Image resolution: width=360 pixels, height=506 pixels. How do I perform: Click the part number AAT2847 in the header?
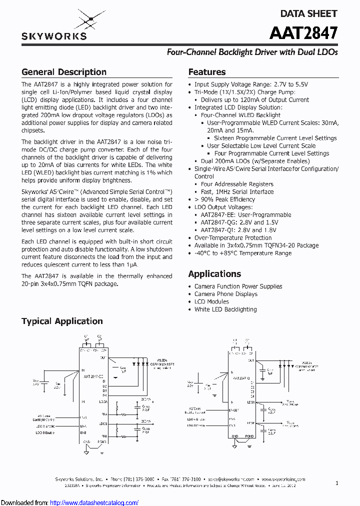[303, 33]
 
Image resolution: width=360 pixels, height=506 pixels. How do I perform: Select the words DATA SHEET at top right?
[308, 13]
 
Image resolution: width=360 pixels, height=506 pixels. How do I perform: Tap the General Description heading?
[64, 72]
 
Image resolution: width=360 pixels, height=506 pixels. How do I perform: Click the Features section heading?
[207, 72]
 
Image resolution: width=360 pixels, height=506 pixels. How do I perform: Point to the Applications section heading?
[214, 273]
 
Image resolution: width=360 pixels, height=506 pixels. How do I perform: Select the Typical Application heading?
[62, 321]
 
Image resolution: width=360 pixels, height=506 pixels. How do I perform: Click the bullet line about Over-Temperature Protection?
[233, 238]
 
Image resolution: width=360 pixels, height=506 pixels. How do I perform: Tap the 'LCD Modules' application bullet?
[211, 301]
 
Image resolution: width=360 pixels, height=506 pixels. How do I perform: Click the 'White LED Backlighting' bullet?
[225, 309]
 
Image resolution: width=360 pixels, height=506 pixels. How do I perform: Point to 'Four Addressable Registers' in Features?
[237, 184]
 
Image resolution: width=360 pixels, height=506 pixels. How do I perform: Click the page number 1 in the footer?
[337, 483]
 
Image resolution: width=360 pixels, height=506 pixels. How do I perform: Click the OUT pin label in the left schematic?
[102, 358]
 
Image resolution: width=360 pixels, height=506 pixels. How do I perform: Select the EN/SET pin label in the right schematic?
[234, 410]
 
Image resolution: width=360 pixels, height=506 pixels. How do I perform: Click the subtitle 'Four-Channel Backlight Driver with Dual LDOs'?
[252, 52]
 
